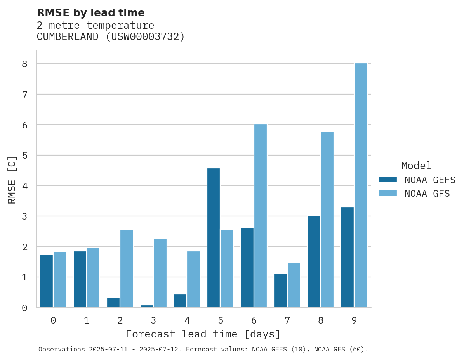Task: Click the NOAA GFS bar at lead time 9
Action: (x=361, y=185)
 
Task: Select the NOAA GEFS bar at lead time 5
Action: (x=214, y=238)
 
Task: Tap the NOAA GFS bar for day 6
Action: (x=261, y=216)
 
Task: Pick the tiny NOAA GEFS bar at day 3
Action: (x=147, y=306)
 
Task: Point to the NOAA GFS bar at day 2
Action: (x=127, y=269)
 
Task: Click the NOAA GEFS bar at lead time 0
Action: (x=47, y=281)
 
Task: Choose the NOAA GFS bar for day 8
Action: (x=327, y=220)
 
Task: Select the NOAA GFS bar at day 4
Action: (x=194, y=279)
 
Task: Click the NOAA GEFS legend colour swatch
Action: (x=388, y=179)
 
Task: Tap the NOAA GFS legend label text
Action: (x=427, y=194)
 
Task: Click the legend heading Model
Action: (x=416, y=166)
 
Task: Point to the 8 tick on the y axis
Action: (x=24, y=64)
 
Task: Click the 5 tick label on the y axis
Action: (x=24, y=155)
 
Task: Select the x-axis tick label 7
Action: (x=287, y=320)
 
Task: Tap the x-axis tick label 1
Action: (x=87, y=320)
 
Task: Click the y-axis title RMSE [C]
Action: (x=12, y=180)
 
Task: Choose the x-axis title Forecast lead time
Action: (x=203, y=334)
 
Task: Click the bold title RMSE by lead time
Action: (x=90, y=13)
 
